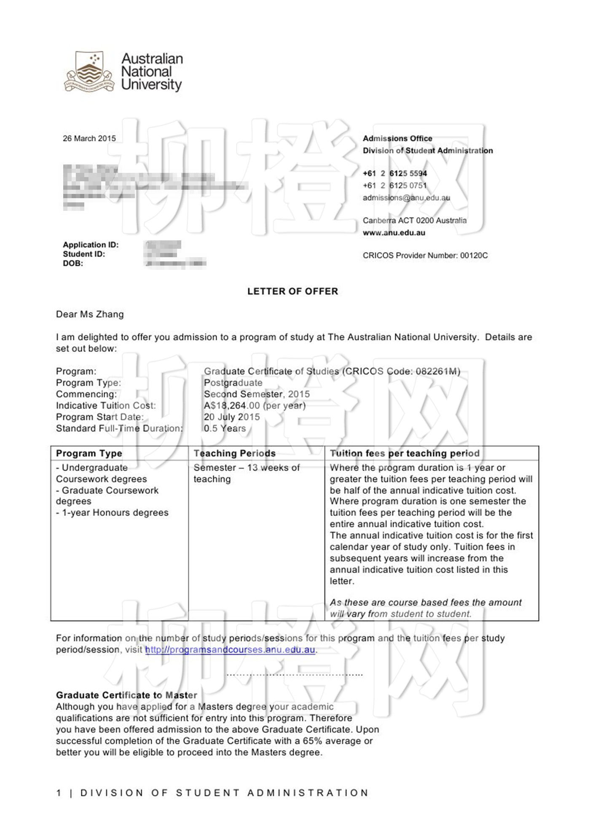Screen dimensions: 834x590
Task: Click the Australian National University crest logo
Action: (x=89, y=72)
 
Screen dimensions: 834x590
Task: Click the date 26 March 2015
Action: (x=89, y=138)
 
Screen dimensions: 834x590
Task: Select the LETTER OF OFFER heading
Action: (x=292, y=291)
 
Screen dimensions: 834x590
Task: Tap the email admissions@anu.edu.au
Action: (x=406, y=198)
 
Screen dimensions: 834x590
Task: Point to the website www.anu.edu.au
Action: (x=394, y=233)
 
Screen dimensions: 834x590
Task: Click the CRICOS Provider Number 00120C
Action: (x=425, y=256)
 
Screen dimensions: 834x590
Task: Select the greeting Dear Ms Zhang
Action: (x=90, y=314)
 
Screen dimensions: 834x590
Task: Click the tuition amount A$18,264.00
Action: (x=232, y=406)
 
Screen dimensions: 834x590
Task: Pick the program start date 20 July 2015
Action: (x=232, y=417)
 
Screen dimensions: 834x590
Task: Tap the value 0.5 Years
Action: (x=225, y=428)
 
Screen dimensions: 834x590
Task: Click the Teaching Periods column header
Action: (x=234, y=453)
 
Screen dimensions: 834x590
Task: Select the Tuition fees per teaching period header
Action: (x=405, y=453)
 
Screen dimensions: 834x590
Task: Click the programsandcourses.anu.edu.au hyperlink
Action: (x=230, y=650)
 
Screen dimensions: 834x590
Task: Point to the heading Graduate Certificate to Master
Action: (x=126, y=695)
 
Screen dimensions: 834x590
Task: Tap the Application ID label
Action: (x=91, y=245)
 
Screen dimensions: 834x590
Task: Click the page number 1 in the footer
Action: (x=59, y=793)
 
